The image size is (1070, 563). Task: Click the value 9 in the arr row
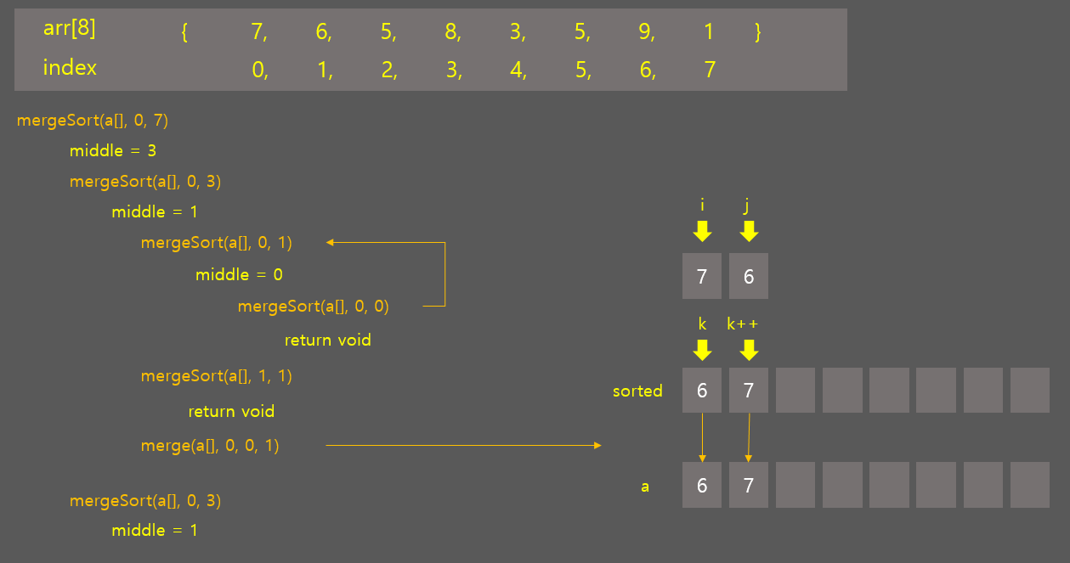(645, 32)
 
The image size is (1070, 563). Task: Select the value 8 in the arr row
(451, 32)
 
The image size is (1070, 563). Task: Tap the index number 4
(517, 70)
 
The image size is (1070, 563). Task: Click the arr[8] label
(70, 29)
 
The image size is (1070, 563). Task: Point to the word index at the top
(70, 68)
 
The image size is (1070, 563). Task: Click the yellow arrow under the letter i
(702, 231)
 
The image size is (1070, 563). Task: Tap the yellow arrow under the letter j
(749, 231)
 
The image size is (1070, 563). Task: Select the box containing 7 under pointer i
(702, 276)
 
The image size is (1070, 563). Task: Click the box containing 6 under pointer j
(749, 276)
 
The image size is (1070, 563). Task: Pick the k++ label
(742, 324)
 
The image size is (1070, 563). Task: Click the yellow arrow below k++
(749, 350)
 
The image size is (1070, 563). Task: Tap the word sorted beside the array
(637, 391)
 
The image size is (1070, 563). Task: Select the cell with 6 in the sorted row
(702, 391)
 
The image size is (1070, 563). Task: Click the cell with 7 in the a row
(749, 486)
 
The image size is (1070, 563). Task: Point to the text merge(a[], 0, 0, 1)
(210, 445)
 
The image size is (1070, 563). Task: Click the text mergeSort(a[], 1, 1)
(217, 376)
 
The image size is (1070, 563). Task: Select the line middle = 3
(113, 151)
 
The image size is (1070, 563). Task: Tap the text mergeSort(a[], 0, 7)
(93, 121)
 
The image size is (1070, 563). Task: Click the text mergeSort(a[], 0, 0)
(314, 307)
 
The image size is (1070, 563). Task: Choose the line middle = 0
(239, 275)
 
